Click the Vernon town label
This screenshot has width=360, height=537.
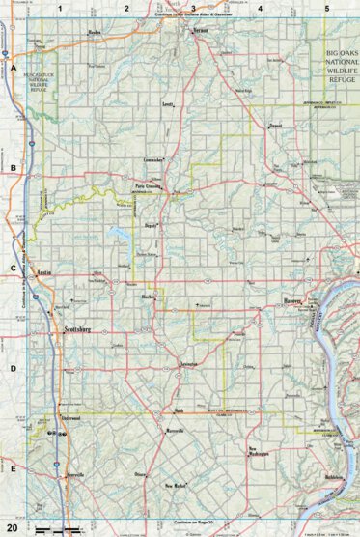coord(201,32)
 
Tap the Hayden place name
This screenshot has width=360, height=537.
coord(94,32)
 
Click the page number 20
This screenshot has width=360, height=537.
coord(11,526)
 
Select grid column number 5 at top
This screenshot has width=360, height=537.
coord(326,8)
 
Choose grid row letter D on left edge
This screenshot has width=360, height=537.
coord(13,368)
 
